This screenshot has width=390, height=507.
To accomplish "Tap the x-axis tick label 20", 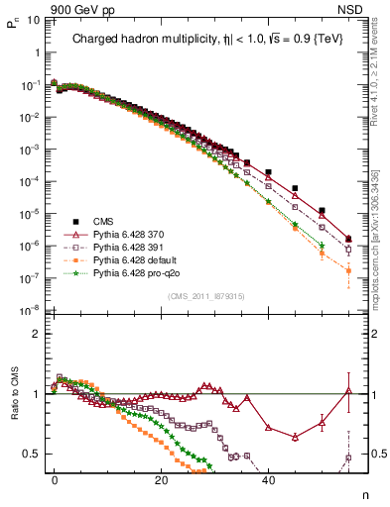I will tap(161, 478).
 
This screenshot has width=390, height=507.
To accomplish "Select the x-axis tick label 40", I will tap(268, 478).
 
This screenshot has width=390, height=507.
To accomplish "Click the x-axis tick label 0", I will tap(55, 478).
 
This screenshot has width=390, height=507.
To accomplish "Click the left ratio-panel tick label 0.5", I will tap(33, 455).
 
